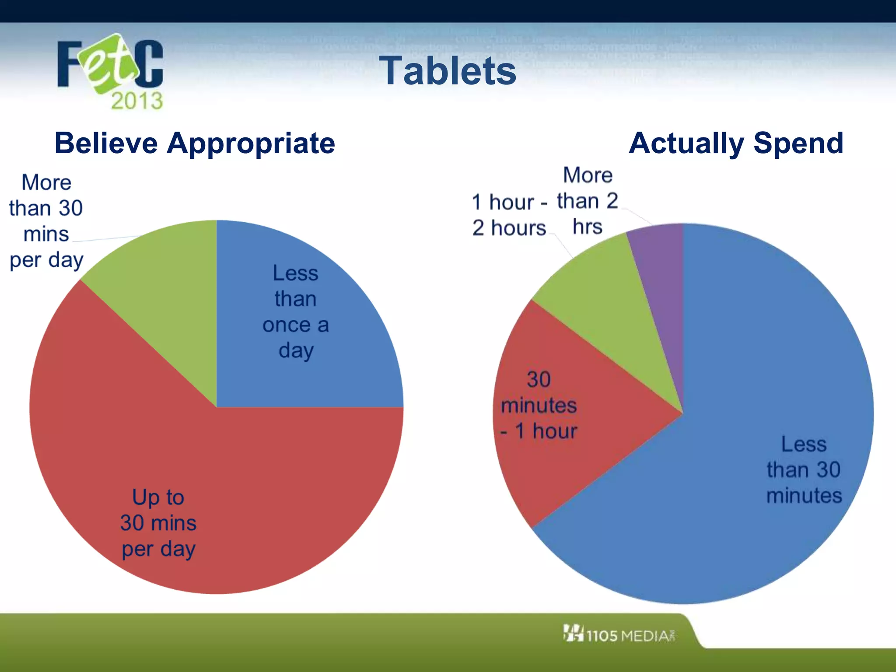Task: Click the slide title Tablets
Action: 447,71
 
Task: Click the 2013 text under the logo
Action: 136,101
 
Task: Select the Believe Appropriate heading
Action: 195,143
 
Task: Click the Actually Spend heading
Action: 736,143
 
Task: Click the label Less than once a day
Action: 296,311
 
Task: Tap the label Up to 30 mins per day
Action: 158,523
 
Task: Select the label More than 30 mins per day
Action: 46,221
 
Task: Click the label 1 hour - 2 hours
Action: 509,215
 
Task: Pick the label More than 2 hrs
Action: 588,201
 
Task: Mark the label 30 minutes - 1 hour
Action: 539,405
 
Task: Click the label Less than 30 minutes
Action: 804,470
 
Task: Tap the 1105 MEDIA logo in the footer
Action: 619,634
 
